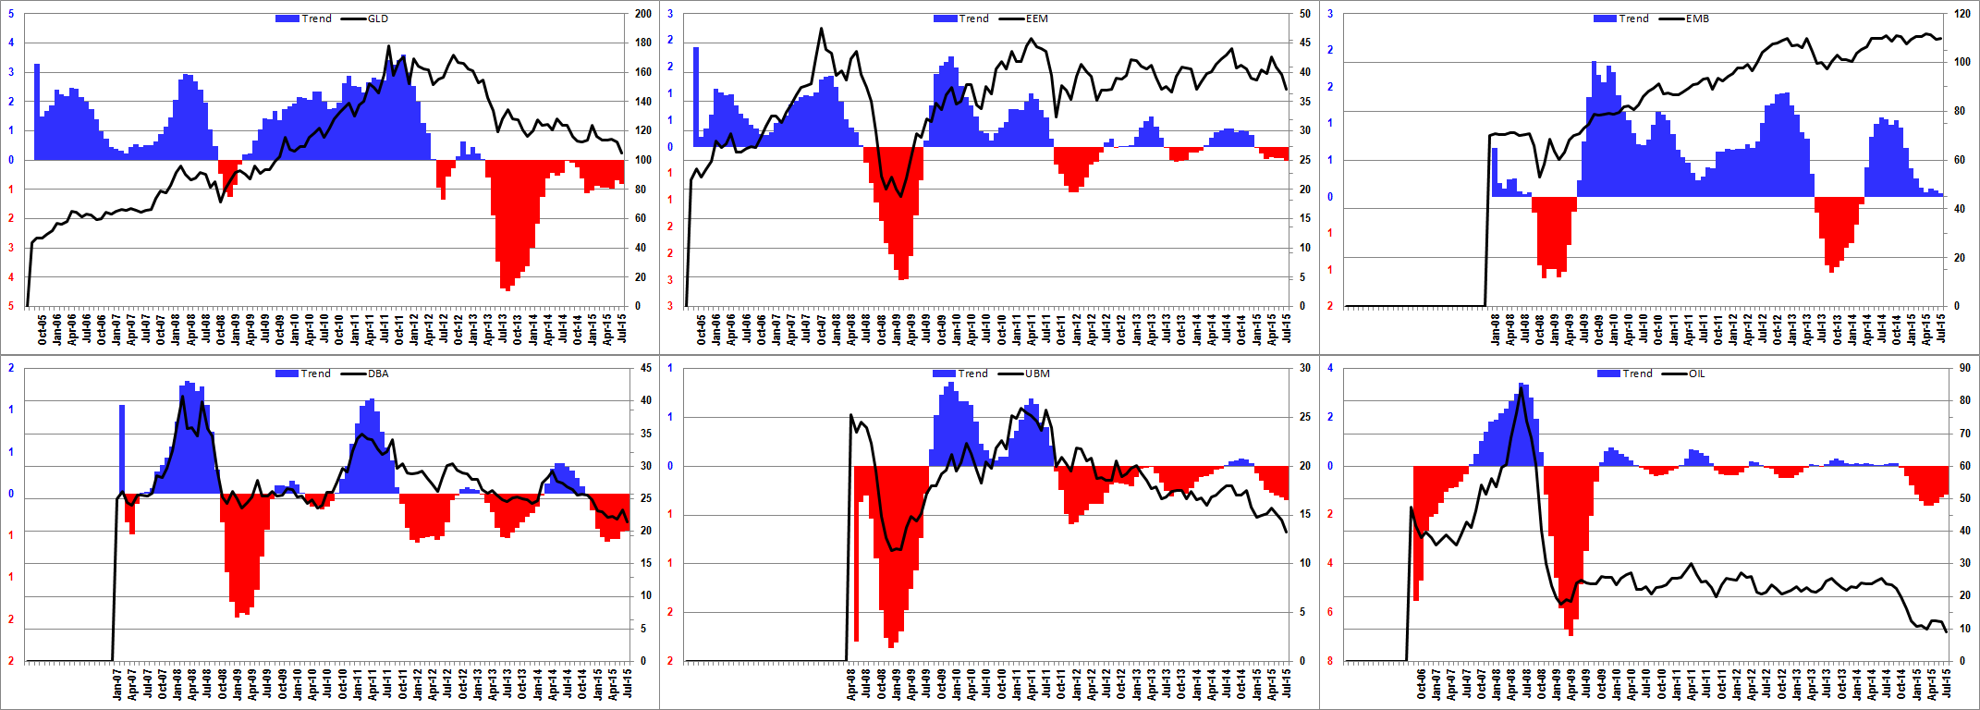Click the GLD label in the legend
click(377, 18)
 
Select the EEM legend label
click(1036, 18)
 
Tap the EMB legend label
click(1697, 18)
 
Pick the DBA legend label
click(378, 373)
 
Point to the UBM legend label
click(1037, 373)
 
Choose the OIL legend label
click(1696, 373)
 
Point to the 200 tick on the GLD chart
click(643, 14)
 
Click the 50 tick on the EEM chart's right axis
click(1304, 14)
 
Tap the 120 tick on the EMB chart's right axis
click(1962, 14)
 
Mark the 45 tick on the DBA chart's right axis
click(646, 368)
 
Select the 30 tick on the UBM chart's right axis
click(1304, 368)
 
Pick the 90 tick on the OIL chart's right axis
click(1964, 368)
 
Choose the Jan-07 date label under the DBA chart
click(118, 685)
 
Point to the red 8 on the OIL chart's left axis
click(1330, 661)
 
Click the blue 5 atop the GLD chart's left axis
click(11, 14)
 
